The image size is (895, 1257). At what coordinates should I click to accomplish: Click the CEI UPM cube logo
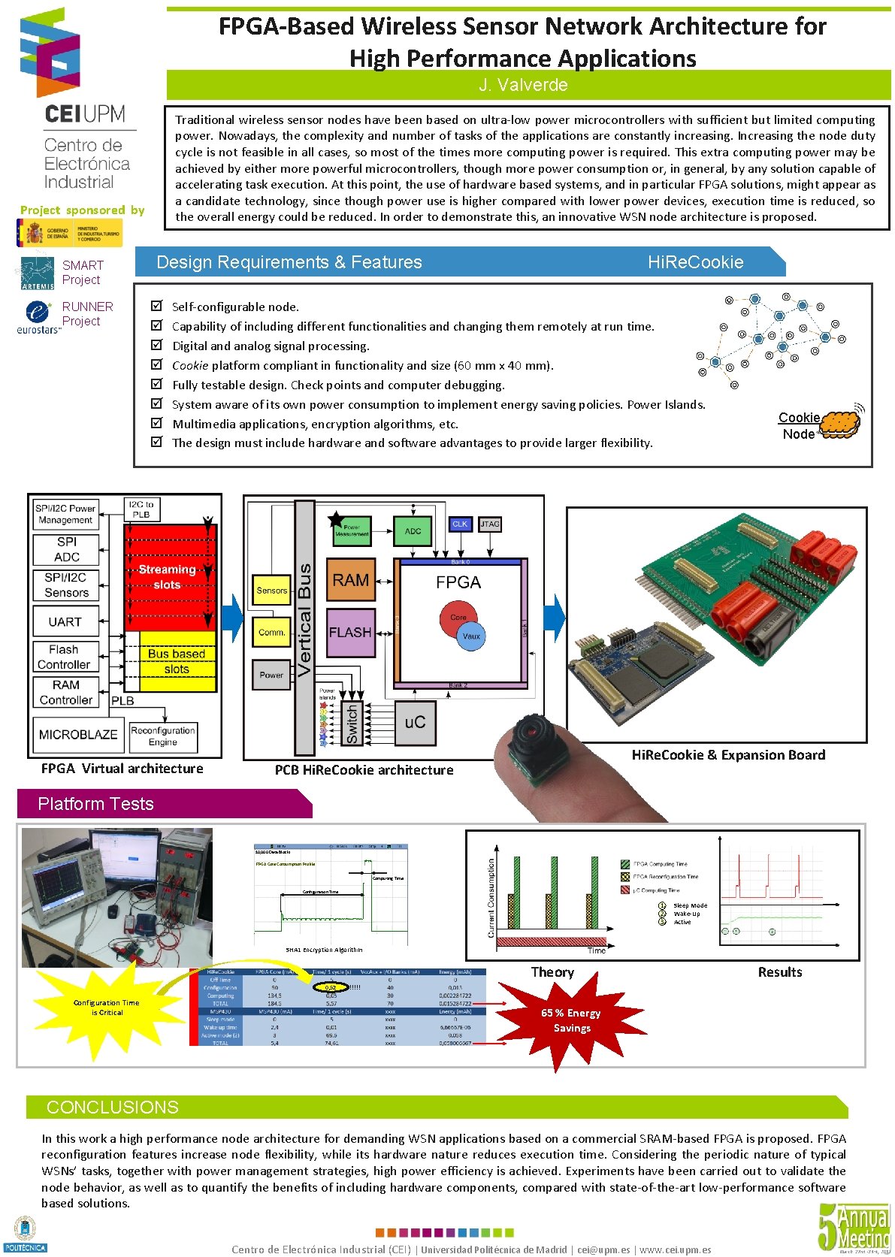[50, 53]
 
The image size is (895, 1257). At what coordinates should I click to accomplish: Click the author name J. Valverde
[523, 85]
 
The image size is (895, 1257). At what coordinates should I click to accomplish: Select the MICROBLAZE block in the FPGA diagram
[78, 734]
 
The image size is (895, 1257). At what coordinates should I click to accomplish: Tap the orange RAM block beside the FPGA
[350, 580]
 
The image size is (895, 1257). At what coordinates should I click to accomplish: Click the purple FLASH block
[350, 633]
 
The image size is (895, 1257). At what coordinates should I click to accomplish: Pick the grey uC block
[415, 722]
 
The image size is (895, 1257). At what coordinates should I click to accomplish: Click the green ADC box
[413, 530]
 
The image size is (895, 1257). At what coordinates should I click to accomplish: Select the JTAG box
[490, 524]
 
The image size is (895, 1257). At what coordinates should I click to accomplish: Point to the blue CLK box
[460, 524]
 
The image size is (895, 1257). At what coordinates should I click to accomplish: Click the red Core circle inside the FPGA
[456, 616]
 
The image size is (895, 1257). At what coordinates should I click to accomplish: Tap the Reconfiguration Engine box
[163, 736]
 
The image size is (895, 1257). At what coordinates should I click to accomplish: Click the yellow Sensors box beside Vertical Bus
[271, 590]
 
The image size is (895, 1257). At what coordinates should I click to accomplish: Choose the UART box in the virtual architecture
[65, 622]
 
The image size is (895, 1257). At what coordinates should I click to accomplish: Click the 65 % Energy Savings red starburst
[571, 1020]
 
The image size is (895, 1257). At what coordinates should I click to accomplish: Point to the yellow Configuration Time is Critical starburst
[106, 1008]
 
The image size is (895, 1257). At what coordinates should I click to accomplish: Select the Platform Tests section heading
[95, 804]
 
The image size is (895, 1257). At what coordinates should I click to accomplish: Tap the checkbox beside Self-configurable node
[156, 306]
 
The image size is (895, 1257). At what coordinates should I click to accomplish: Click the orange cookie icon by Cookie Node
[839, 425]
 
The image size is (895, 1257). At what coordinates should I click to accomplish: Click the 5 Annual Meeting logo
[854, 1227]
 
